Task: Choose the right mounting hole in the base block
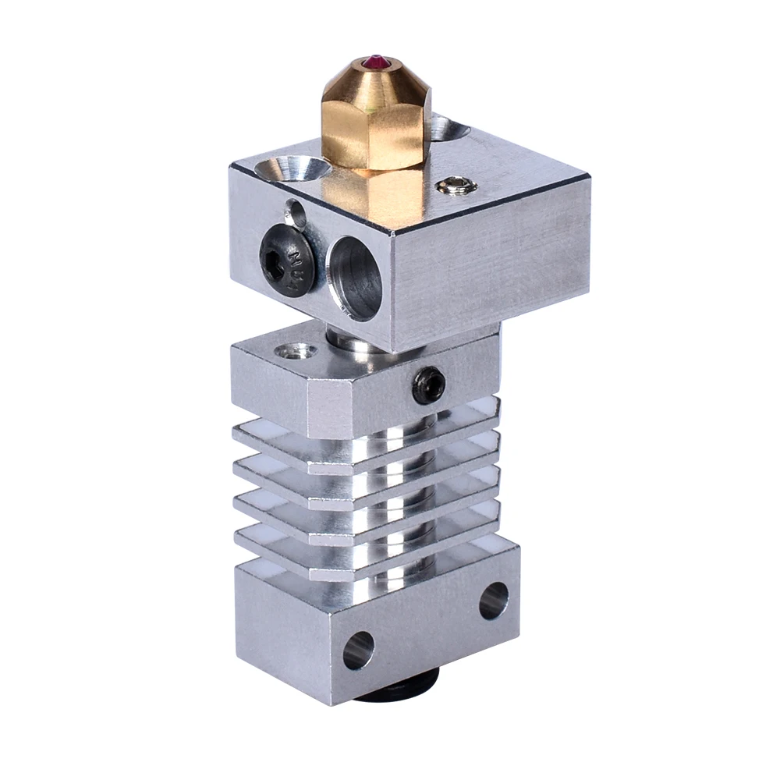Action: [x=493, y=601]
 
